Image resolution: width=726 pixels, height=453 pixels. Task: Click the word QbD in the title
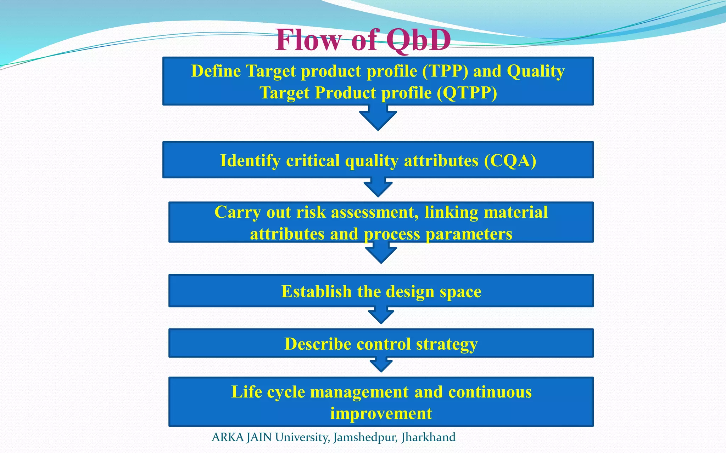418,40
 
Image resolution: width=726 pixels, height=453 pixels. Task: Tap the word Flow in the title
308,40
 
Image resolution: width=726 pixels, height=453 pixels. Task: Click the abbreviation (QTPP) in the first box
467,93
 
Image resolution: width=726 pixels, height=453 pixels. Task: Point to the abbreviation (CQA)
510,161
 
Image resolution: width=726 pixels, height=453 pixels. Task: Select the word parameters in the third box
469,234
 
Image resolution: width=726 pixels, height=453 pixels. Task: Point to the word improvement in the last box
381,413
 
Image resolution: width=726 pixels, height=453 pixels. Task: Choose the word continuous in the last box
490,392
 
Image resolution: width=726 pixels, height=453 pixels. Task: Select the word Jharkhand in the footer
428,437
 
